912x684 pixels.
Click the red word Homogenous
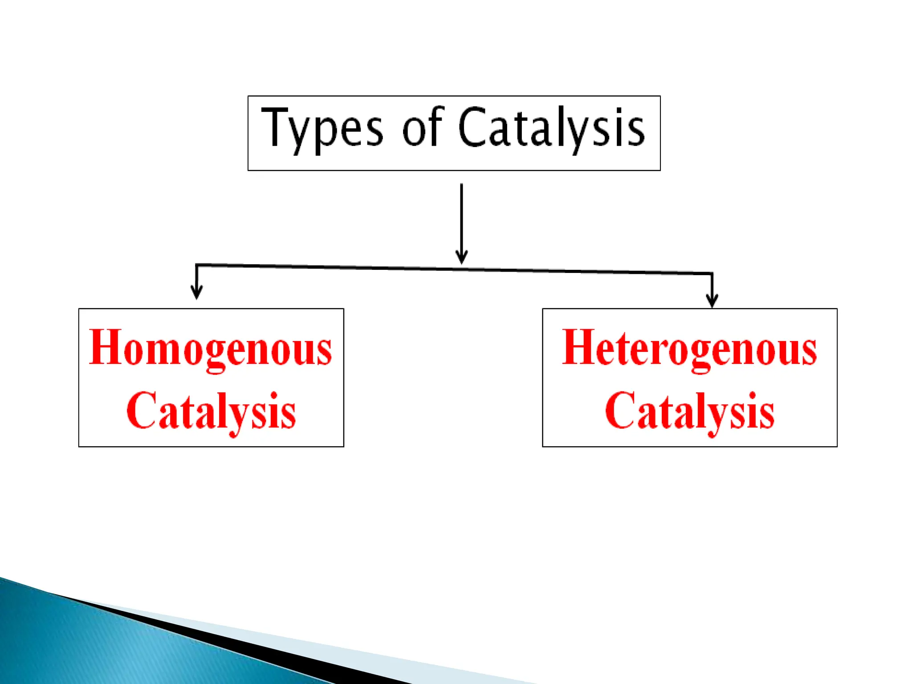click(211, 348)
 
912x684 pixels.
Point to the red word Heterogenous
click(689, 348)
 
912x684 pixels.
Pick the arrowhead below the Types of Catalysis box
click(461, 257)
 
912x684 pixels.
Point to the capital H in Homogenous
click(106, 347)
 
